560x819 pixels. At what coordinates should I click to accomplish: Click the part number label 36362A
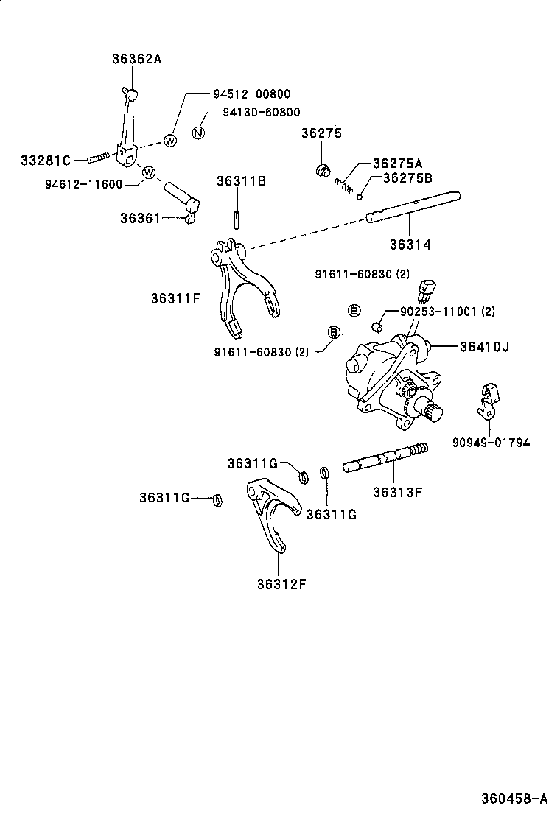click(x=136, y=59)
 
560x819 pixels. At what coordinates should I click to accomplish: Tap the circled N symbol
click(x=197, y=133)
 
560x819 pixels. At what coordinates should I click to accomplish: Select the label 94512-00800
click(x=251, y=94)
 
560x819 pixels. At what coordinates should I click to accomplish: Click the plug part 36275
click(x=321, y=171)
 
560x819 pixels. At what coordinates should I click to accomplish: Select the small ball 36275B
click(x=359, y=196)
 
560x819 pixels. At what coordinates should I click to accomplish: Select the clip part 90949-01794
click(x=486, y=401)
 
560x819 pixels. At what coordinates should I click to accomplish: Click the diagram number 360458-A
click(x=514, y=798)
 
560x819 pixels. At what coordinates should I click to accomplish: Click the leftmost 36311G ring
click(x=217, y=500)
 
